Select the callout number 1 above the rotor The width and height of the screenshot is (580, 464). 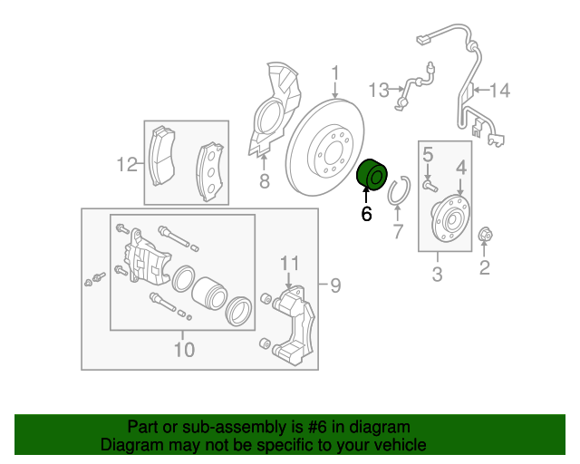click(x=334, y=73)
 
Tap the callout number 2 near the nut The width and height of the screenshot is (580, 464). click(x=484, y=266)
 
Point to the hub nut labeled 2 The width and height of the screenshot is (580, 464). click(x=485, y=236)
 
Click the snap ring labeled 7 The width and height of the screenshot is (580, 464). click(x=398, y=193)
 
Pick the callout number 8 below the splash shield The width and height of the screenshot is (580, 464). click(x=264, y=182)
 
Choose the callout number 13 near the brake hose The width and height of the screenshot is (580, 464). click(x=379, y=90)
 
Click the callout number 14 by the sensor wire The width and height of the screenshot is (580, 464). click(x=501, y=90)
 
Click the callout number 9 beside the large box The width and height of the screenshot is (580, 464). click(x=334, y=286)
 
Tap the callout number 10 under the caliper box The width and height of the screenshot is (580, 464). click(x=183, y=349)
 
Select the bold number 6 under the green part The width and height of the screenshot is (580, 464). click(x=366, y=215)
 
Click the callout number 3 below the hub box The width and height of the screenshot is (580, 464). click(x=437, y=274)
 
